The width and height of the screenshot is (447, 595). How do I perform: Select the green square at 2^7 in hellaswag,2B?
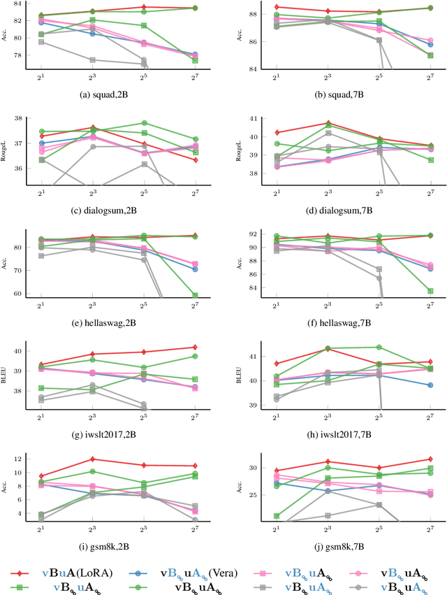pyautogui.click(x=196, y=295)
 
